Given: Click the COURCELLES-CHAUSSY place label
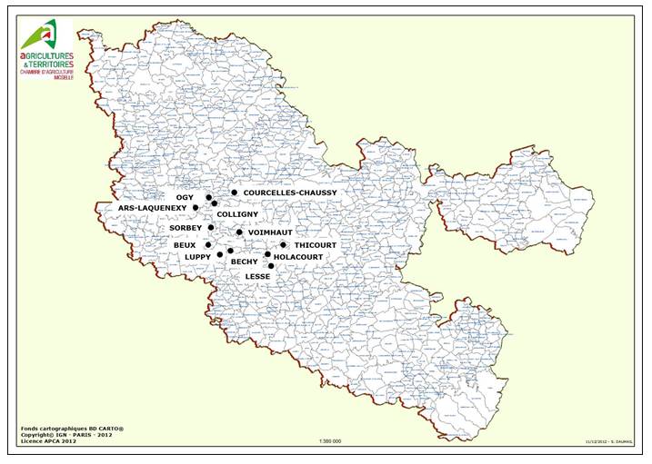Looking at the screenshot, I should pos(290,193).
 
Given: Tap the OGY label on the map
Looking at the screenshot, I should pos(185,197).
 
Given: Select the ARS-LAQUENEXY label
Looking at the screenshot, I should pos(153,208).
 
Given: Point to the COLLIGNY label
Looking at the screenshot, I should pos(237,214).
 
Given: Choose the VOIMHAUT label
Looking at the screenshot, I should pos(268,232).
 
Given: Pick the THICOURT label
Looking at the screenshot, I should pos(316,245).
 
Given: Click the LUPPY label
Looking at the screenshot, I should pos(197,257).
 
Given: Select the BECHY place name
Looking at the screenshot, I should pos(244,262).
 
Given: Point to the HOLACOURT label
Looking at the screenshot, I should pos(298,257).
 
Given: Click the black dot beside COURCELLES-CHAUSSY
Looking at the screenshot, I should pos(234,193).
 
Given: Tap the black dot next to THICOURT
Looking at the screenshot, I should pos(284,245).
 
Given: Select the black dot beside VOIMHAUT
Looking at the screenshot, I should pos(239,232).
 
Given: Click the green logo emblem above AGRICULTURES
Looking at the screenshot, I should pos(39,35).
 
